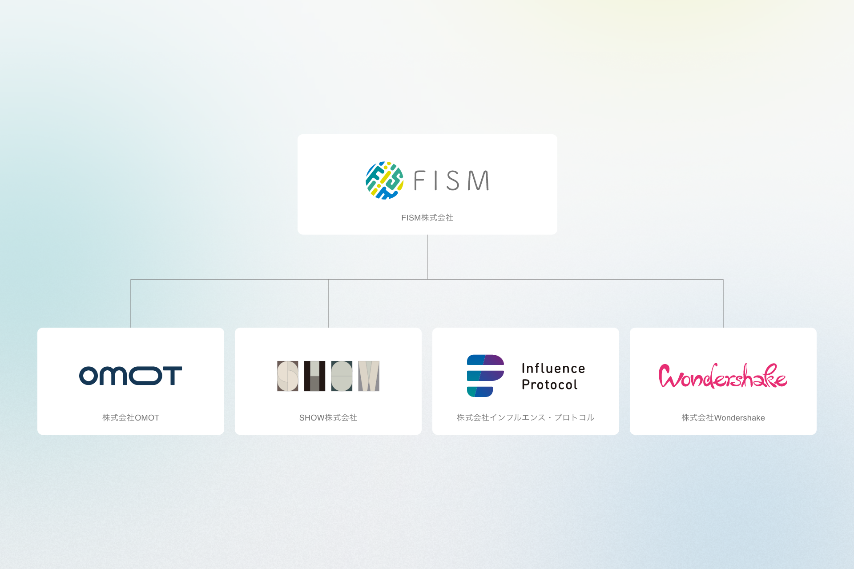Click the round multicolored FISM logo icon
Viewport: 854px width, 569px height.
click(x=384, y=180)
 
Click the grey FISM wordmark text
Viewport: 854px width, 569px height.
click(x=451, y=180)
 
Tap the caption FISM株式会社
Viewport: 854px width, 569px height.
click(x=427, y=218)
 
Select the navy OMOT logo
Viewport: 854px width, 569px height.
click(x=130, y=376)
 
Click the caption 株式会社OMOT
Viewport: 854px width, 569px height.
click(x=130, y=418)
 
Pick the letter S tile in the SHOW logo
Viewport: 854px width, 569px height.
click(x=287, y=376)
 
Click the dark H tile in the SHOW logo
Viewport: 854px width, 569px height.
click(x=314, y=376)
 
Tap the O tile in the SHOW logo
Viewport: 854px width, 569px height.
click(x=342, y=376)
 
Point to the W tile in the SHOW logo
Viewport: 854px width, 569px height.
click(x=369, y=376)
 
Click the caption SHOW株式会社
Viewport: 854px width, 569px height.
click(x=328, y=418)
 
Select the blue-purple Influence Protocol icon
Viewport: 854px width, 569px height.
click(x=485, y=376)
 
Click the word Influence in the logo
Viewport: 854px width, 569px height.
click(x=553, y=369)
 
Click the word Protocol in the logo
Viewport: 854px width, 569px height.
click(x=549, y=385)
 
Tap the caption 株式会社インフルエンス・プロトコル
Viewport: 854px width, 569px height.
click(x=525, y=418)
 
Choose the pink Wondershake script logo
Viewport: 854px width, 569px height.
click(x=723, y=376)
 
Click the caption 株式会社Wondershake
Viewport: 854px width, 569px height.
click(x=723, y=418)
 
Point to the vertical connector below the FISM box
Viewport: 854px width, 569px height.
click(x=427, y=256)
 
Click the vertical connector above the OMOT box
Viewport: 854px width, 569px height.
click(x=131, y=304)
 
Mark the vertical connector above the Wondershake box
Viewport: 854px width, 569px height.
click(x=723, y=304)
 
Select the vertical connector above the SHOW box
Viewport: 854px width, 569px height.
click(x=328, y=304)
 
